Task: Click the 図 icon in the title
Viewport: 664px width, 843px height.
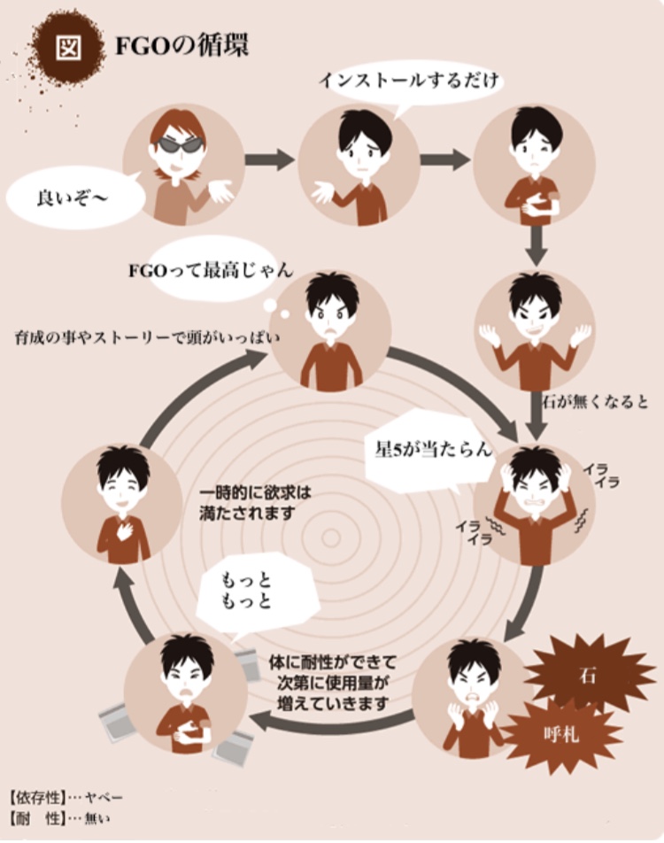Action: (68, 47)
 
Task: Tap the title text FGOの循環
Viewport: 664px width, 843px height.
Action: (181, 46)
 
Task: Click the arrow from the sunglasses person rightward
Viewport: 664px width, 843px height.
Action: (268, 160)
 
